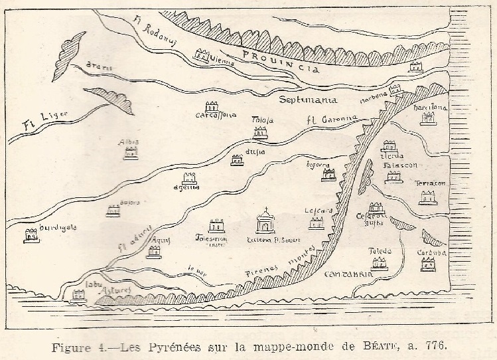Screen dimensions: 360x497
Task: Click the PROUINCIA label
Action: point(280,62)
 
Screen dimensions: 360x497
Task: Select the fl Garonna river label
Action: point(331,120)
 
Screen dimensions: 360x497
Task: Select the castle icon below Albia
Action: point(130,153)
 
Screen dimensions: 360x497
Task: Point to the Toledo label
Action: point(381,251)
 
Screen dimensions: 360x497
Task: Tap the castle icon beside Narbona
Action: point(396,90)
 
